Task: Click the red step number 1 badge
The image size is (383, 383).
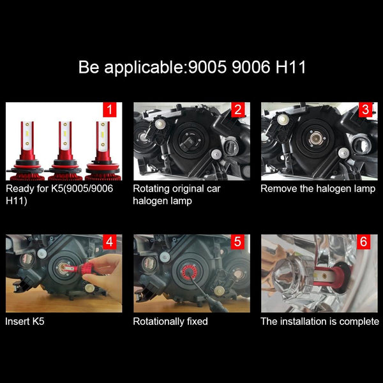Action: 110,109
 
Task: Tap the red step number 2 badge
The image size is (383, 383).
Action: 237,109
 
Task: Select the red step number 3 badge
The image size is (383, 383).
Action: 365,109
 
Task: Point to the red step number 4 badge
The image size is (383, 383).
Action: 110,242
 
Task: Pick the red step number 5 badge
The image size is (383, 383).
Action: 237,242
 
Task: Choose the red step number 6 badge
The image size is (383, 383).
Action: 363,242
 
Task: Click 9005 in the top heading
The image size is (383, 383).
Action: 207,67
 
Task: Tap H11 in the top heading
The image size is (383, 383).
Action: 290,67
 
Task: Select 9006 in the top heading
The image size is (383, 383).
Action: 252,67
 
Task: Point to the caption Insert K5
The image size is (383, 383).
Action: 25,322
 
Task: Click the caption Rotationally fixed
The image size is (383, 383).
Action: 170,322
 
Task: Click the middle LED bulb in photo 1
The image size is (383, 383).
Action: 65,151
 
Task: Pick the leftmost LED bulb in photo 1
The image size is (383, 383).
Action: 27,151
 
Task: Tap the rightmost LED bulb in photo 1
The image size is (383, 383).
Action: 103,151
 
